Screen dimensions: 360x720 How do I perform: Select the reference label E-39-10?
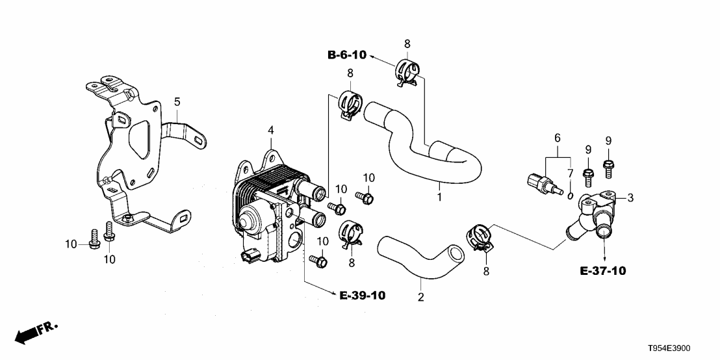coord(362,296)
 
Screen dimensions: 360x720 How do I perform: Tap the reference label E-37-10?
coord(603,270)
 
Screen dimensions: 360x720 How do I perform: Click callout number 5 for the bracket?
coord(177,101)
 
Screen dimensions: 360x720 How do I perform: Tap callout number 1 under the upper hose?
coord(439,196)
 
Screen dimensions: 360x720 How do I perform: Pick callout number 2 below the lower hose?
coord(420,298)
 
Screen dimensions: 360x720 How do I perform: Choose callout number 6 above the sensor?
coord(556,138)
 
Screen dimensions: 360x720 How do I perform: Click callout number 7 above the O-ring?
coord(569,175)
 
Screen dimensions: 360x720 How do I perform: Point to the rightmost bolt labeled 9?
coord(609,168)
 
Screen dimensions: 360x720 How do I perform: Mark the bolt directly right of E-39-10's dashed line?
coord(320,261)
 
